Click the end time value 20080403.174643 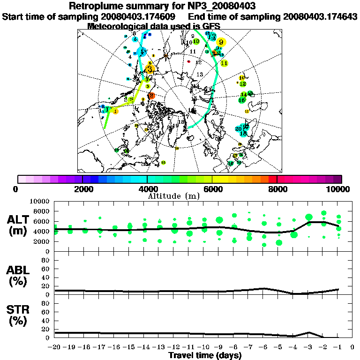pos(321,16)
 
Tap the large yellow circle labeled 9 pos(221,42)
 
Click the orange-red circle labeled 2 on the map pos(151,96)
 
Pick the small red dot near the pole pos(188,61)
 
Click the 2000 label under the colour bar pos(83,189)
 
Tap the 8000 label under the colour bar pos(277,189)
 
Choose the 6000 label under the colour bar pos(212,189)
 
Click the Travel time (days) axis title pos(205,355)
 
